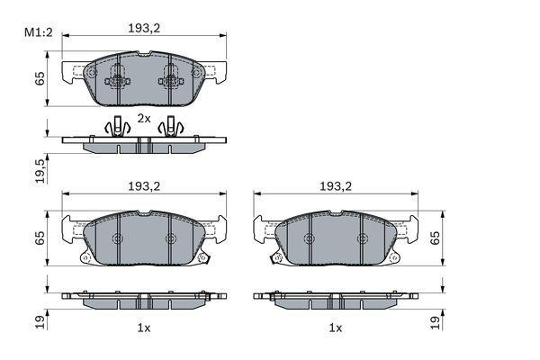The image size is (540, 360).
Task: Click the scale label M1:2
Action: pyautogui.click(x=38, y=32)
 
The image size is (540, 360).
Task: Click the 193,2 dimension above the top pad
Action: pyautogui.click(x=144, y=28)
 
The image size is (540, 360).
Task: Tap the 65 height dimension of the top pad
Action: pyautogui.click(x=40, y=78)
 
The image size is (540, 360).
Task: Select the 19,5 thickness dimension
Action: pyautogui.click(x=40, y=170)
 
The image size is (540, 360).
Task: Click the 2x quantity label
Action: pyautogui.click(x=144, y=119)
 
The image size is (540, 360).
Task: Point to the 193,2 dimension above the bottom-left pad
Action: pyautogui.click(x=144, y=186)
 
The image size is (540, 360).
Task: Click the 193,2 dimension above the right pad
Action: pyautogui.click(x=336, y=186)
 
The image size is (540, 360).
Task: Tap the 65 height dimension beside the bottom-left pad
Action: pyautogui.click(x=40, y=238)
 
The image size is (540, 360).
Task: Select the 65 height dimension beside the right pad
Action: pyautogui.click(x=435, y=238)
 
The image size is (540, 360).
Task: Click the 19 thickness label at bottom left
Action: pyautogui.click(x=40, y=322)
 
